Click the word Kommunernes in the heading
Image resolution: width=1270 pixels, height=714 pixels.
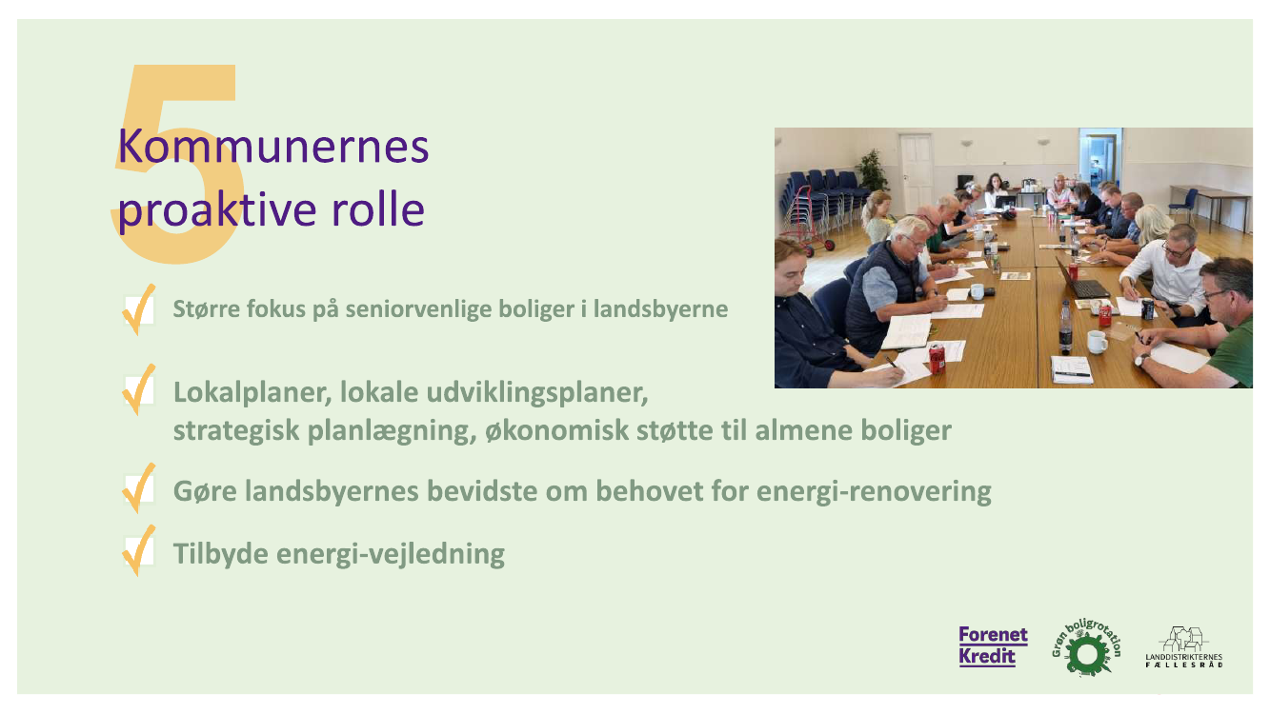(x=272, y=147)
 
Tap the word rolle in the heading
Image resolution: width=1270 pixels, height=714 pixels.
(x=378, y=209)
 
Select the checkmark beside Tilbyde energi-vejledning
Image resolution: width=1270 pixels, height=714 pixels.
(x=138, y=550)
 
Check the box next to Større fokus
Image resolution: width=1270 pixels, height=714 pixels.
(x=138, y=309)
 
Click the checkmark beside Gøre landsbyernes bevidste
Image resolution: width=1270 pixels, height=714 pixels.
(x=138, y=487)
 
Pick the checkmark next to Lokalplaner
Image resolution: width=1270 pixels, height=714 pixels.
(x=138, y=389)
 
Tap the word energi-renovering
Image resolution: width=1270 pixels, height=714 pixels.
(x=874, y=491)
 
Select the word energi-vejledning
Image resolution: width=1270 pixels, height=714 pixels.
(x=390, y=554)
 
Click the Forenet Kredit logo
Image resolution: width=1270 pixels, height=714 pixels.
(x=993, y=646)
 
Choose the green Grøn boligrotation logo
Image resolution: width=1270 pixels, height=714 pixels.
(x=1086, y=647)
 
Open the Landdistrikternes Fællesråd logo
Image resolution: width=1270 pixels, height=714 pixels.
(x=1184, y=647)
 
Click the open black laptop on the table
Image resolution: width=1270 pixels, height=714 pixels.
(x=1081, y=281)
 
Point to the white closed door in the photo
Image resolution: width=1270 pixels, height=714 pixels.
(x=916, y=171)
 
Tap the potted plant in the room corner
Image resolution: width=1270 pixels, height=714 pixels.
(x=872, y=170)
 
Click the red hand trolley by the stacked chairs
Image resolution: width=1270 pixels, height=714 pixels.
(x=806, y=221)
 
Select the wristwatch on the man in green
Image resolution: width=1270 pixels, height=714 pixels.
(x=1141, y=359)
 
